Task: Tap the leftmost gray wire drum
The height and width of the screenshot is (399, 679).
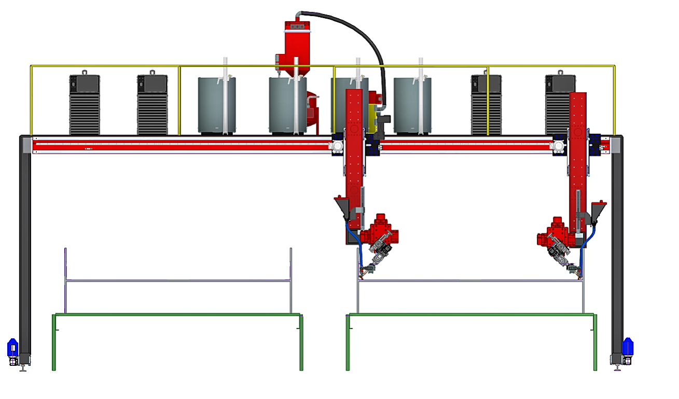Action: pos(216,105)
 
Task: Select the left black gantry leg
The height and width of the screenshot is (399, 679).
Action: pos(24,249)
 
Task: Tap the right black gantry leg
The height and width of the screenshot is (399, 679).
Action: pos(616,249)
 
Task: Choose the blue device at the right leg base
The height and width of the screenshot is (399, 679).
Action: pos(628,346)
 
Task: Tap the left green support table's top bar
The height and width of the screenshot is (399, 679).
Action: pos(176,314)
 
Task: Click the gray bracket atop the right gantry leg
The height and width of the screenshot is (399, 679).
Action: pos(615,144)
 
